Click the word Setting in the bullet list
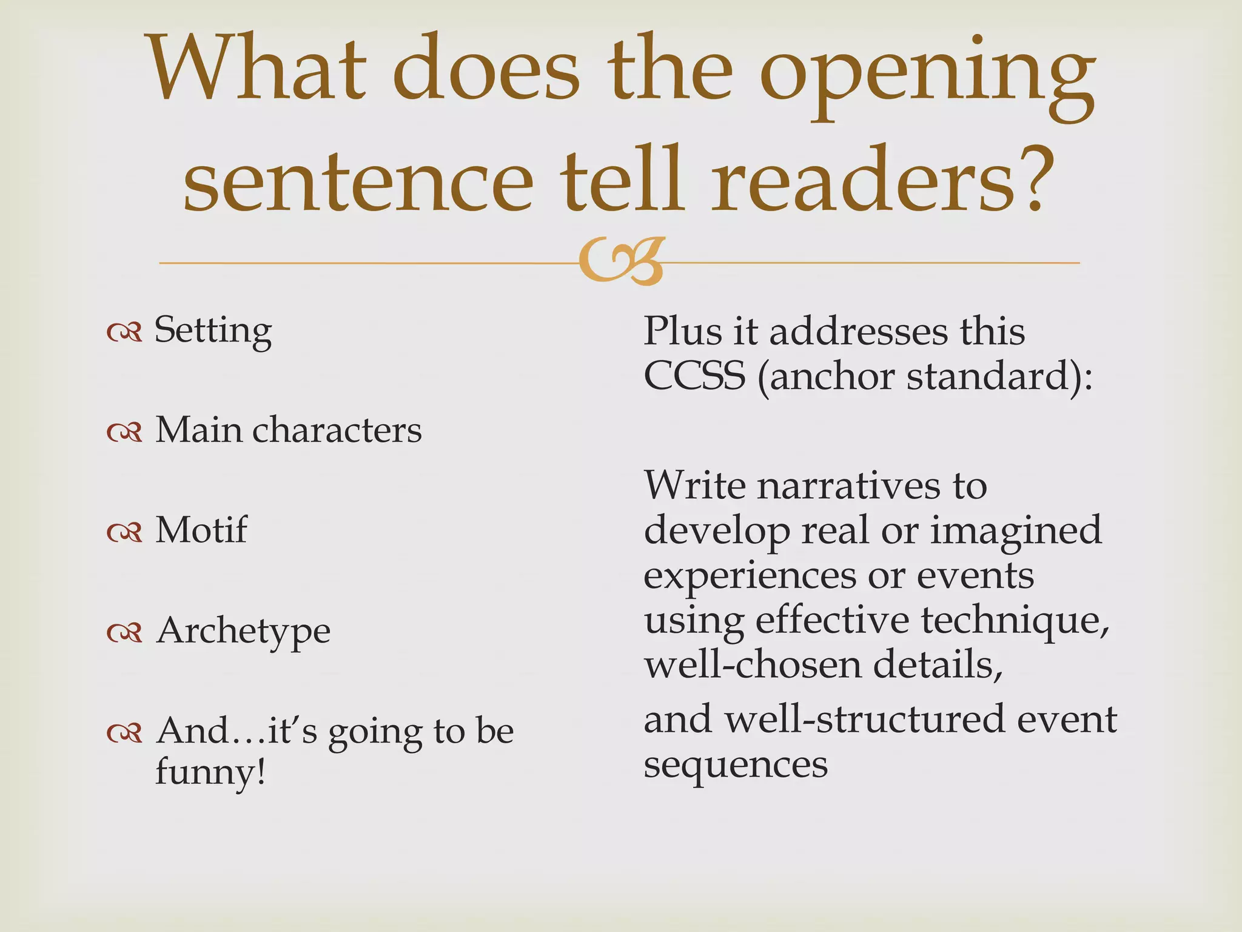[x=213, y=331]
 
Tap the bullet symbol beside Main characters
[x=124, y=431]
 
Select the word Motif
[x=201, y=530]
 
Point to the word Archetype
[x=243, y=631]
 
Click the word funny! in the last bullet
[x=210, y=772]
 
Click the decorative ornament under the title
[x=621, y=262]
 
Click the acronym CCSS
[x=694, y=376]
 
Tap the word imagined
[x=1015, y=530]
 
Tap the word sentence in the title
[x=358, y=181]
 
